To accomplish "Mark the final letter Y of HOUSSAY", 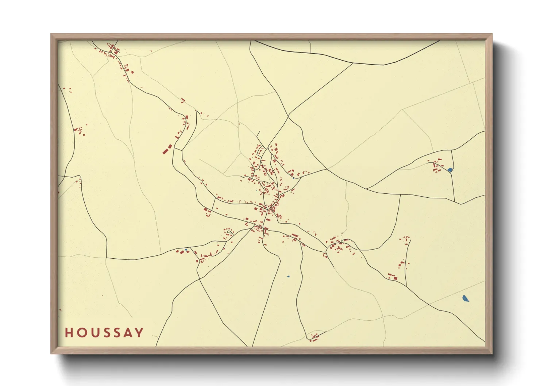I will [x=139, y=333].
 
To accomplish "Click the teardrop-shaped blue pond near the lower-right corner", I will [x=465, y=299].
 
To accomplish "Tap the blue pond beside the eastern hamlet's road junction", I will [x=450, y=170].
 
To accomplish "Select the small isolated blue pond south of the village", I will [x=288, y=277].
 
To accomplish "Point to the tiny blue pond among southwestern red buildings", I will [x=186, y=250].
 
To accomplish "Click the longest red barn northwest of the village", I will [x=167, y=149].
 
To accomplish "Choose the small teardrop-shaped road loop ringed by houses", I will [x=229, y=232].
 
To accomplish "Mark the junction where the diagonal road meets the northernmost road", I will [x=352, y=63].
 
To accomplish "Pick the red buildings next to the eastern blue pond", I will [x=436, y=166].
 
